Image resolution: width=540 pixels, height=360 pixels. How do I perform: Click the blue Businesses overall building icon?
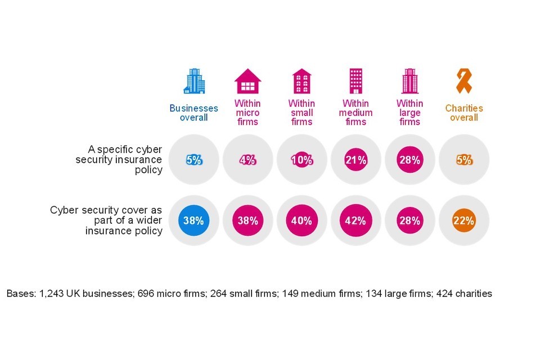click(193, 82)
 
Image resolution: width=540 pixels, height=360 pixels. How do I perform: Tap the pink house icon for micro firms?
click(247, 82)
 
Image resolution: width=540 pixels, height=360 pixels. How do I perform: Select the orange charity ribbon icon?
click(463, 82)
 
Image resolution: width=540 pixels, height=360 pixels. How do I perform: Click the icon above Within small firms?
click(301, 82)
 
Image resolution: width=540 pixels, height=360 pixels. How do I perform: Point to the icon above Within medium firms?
click(355, 82)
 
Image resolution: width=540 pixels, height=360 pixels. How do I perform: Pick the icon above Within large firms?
click(409, 82)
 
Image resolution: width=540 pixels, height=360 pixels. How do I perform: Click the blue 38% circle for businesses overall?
click(193, 220)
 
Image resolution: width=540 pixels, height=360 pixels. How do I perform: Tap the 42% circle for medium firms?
click(355, 220)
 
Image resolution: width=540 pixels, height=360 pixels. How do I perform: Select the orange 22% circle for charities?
click(463, 220)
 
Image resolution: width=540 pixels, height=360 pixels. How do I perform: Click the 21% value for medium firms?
click(355, 160)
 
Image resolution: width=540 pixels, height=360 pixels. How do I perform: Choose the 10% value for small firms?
click(301, 160)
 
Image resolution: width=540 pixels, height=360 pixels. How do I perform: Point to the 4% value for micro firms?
click(247, 160)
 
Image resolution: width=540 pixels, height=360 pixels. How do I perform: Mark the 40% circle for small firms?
click(301, 220)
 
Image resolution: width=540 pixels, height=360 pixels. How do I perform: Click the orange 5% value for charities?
click(463, 160)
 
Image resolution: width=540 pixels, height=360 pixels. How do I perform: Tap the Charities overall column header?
click(463, 112)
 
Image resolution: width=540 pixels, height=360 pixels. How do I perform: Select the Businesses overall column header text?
click(193, 112)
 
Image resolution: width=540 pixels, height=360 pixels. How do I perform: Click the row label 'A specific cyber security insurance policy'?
click(120, 160)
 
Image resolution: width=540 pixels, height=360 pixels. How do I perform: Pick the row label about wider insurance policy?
click(107, 220)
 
